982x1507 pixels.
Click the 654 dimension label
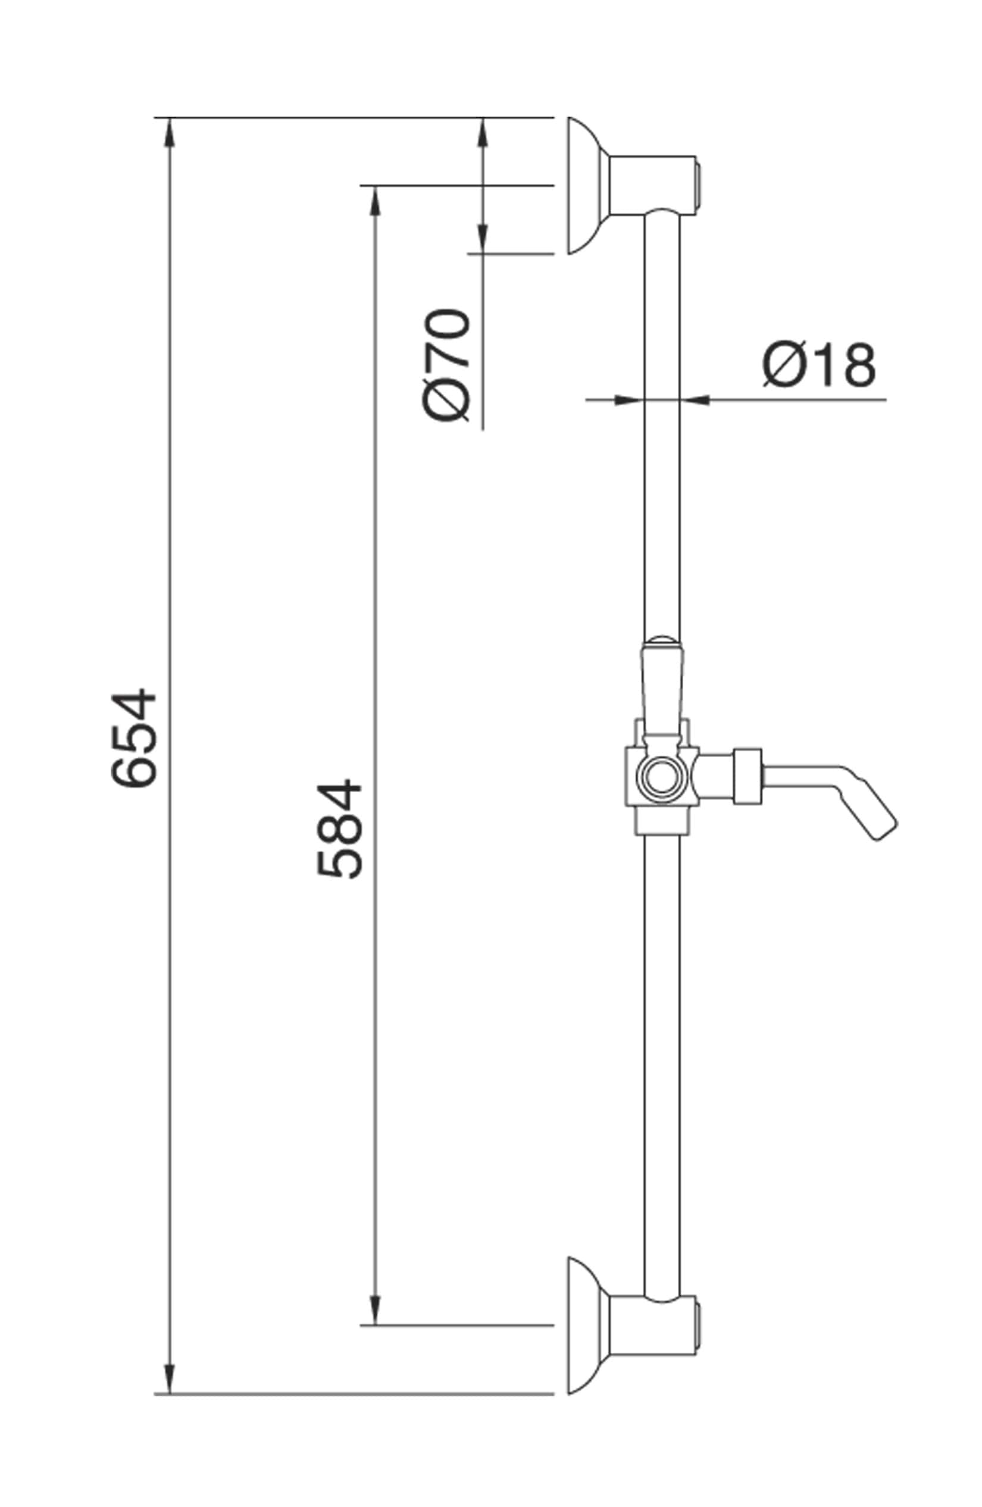[x=133, y=737]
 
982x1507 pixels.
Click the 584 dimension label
[x=339, y=830]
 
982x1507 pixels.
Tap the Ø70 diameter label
[x=447, y=364]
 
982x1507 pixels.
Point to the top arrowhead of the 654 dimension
[x=168, y=132]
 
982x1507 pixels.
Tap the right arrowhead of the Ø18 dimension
[x=695, y=399]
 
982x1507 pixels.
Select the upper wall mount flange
[x=584, y=186]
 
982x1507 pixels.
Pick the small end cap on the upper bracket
[x=698, y=185]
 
